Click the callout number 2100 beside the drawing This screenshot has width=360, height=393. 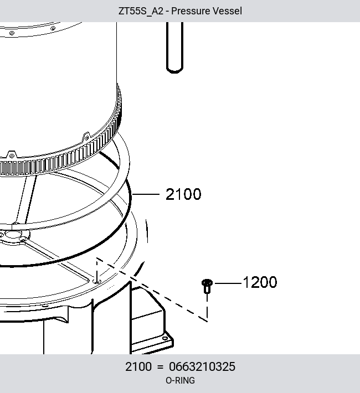tap(183, 194)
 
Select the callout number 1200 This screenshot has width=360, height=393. tap(260, 282)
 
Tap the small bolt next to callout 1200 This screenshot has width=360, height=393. tap(207, 286)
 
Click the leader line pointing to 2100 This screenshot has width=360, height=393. tap(146, 194)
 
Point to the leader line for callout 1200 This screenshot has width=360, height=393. tap(228, 283)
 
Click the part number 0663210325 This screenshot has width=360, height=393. tap(202, 366)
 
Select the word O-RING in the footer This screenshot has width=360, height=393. tap(180, 380)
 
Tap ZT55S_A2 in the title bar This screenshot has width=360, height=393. tap(141, 11)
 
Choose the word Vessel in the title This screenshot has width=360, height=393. tap(227, 11)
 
